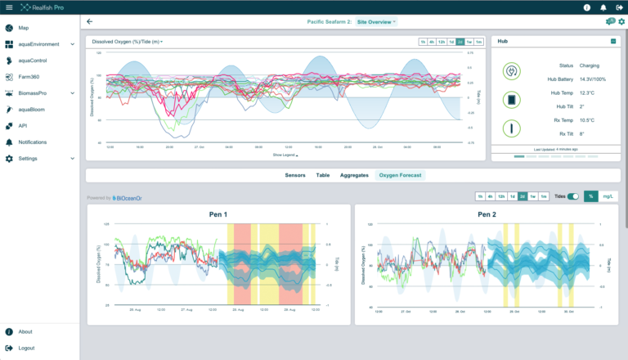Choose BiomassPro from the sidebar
tap(38, 93)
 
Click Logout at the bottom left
tap(26, 348)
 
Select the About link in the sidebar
tap(25, 331)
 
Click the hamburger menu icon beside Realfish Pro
tap(9, 7)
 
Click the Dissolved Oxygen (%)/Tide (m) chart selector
tap(128, 41)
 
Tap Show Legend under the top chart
tap(285, 154)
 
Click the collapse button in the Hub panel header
tap(613, 41)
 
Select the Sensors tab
tap(295, 175)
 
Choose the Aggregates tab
tap(354, 175)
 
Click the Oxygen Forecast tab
tap(401, 175)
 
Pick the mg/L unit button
tap(608, 196)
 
